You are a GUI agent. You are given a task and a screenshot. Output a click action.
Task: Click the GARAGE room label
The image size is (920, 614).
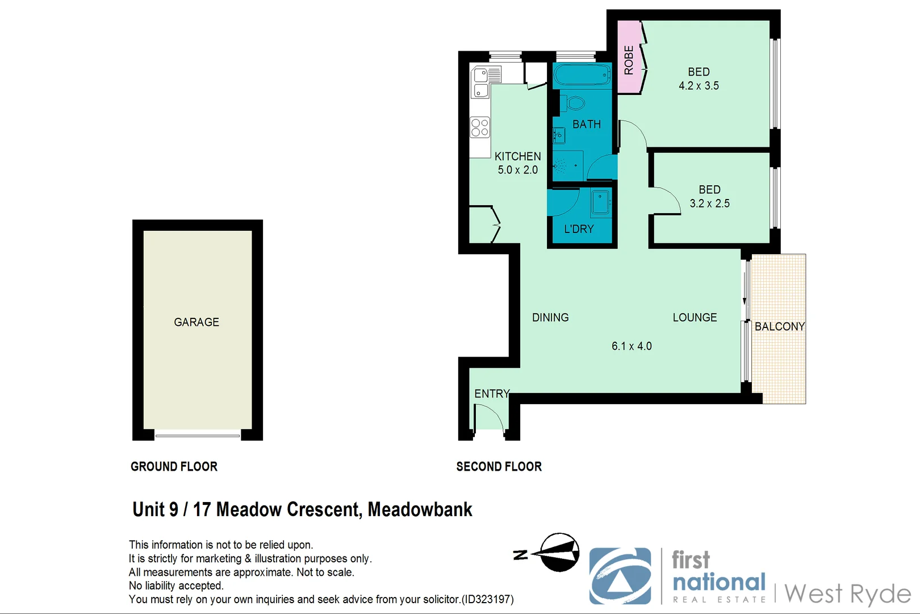point(196,322)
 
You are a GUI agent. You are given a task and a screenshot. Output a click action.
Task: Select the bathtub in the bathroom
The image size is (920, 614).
point(582,74)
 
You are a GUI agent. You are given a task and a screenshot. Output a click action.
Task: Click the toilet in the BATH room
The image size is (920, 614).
point(574,103)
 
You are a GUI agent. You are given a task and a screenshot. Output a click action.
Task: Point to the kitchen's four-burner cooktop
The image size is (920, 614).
point(480,127)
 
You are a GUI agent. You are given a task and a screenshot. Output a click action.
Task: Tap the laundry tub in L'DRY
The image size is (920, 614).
point(601,202)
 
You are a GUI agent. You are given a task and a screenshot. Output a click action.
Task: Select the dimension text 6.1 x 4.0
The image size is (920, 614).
point(632,346)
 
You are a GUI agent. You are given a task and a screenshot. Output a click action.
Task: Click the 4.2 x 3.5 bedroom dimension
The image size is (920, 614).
point(699,86)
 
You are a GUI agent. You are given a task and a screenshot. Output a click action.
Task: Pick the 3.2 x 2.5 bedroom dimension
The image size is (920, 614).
point(709,204)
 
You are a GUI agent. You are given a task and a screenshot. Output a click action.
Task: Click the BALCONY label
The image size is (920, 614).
point(779,326)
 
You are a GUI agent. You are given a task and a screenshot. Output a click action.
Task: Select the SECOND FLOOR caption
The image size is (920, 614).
point(499,467)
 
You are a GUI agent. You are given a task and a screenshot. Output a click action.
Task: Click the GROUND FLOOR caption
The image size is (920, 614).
point(174,467)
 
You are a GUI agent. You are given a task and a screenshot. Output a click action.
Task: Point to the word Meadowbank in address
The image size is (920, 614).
point(420,509)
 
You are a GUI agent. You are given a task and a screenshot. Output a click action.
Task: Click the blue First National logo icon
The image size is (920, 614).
point(620,576)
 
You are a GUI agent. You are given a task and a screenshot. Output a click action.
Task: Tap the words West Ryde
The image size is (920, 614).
point(847,594)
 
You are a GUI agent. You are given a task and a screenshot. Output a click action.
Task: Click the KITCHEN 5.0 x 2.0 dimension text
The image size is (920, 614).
point(517,170)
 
